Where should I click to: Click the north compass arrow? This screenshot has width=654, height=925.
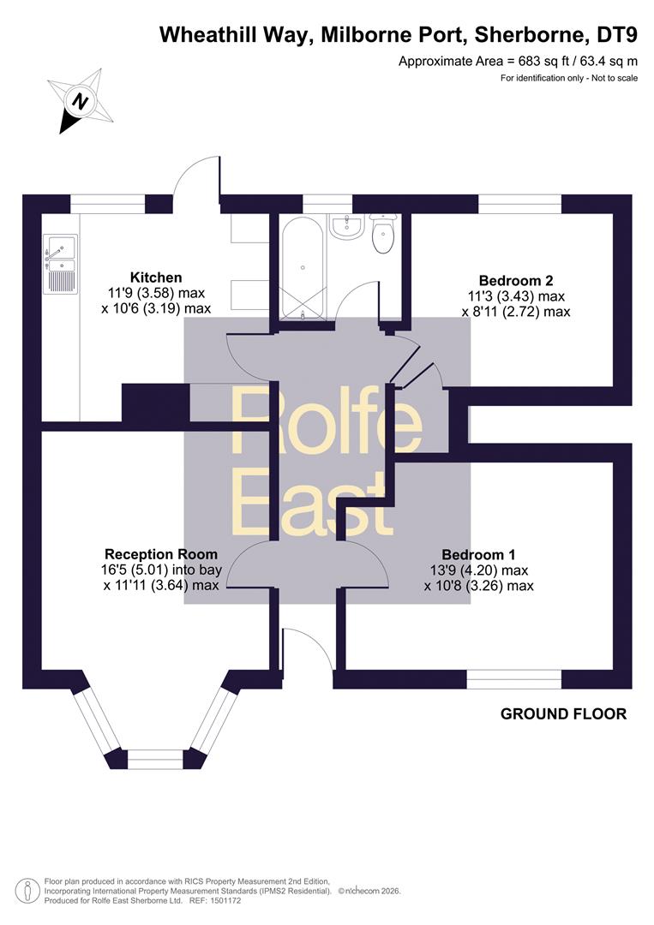pyautogui.click(x=81, y=101)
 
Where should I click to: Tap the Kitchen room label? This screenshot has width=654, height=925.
pyautogui.click(x=156, y=277)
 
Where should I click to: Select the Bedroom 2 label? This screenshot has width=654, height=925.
pyautogui.click(x=516, y=280)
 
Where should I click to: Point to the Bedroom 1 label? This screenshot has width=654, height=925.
pyautogui.click(x=478, y=554)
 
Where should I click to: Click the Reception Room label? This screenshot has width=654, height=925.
pyautogui.click(x=161, y=554)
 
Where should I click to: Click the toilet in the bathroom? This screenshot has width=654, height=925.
pyautogui.click(x=383, y=234)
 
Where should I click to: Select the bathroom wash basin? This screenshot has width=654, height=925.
pyautogui.click(x=346, y=226)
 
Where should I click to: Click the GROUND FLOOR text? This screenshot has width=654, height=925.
pyautogui.click(x=564, y=713)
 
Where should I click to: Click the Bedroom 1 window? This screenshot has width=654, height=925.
pyautogui.click(x=514, y=679)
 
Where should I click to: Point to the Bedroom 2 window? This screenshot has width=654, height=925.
pyautogui.click(x=520, y=204)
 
